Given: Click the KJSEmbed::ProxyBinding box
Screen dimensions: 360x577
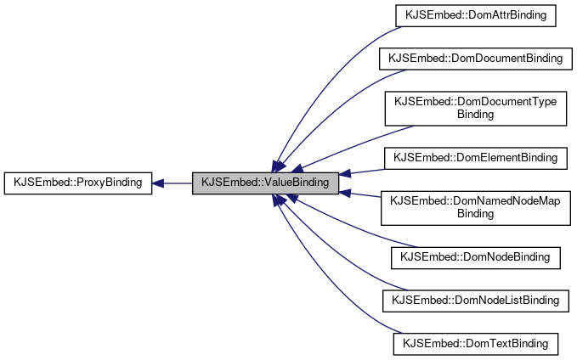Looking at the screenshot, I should tap(78, 183).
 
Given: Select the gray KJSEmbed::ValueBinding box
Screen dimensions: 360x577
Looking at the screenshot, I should tap(266, 183).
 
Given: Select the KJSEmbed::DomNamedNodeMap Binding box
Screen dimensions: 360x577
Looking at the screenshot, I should tap(475, 206).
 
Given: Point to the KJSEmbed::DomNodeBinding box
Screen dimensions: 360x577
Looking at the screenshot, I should tap(475, 256).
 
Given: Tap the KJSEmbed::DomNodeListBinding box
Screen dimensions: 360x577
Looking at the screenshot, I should tap(475, 300).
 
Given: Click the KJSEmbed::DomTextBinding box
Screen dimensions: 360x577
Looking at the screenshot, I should tap(475, 344).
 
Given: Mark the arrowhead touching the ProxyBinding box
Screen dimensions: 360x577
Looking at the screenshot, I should tap(159, 183).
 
